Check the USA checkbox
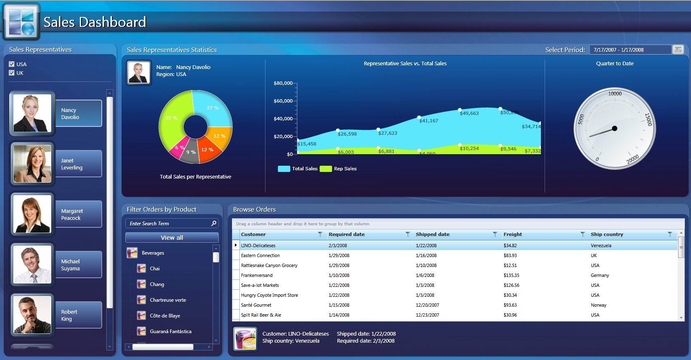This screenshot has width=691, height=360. click(12, 64)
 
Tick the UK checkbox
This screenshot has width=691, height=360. click(12, 73)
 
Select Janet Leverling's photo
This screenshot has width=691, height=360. click(32, 164)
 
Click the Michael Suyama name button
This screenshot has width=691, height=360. click(78, 265)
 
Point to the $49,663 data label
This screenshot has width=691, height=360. click(469, 113)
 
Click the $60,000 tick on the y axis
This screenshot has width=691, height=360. click(283, 101)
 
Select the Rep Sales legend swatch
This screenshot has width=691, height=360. click(326, 169)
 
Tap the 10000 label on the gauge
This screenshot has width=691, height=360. click(615, 94)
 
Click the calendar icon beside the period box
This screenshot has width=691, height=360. click(678, 50)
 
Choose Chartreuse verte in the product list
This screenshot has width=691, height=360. click(168, 300)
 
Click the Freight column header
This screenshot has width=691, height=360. click(513, 234)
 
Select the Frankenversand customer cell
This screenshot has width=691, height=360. click(257, 275)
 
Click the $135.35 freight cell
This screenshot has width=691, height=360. click(512, 275)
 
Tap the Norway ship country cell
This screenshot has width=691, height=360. click(598, 305)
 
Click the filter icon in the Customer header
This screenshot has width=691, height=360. click(320, 234)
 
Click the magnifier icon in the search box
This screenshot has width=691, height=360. click(214, 223)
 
